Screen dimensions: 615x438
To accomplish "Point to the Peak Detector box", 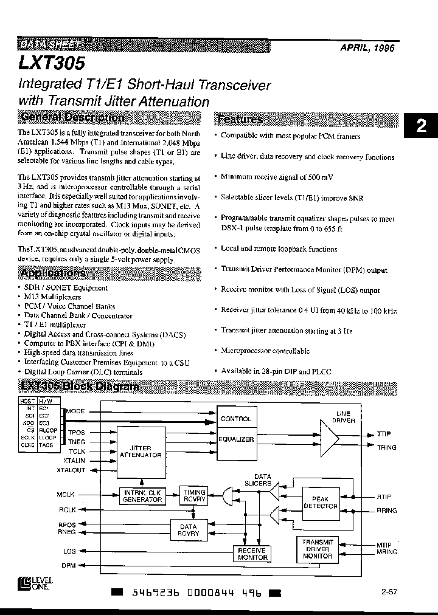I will [x=320, y=502].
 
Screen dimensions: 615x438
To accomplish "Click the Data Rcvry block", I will [x=188, y=530].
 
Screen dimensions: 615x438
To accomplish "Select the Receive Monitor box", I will [x=251, y=552].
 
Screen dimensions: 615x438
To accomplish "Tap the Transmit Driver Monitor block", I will [x=318, y=548].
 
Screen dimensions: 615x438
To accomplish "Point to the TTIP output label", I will [x=384, y=434].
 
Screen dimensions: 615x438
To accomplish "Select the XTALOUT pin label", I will [x=71, y=470].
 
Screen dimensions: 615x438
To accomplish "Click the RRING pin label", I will [x=386, y=510].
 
